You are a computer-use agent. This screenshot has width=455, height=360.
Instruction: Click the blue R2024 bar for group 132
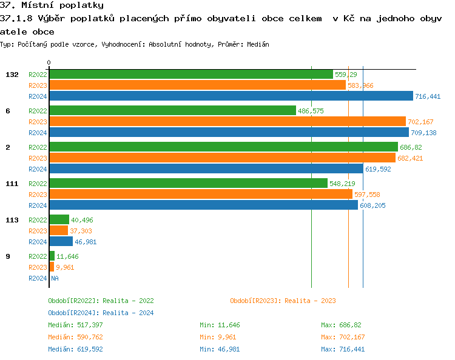[231, 96]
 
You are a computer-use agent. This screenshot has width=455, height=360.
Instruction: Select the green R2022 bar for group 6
[172, 111]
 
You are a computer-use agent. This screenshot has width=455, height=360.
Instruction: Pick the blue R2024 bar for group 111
[203, 205]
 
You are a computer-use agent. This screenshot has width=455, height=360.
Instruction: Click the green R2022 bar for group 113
[59, 220]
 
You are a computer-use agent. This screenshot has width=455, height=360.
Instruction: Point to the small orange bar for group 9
[52, 267]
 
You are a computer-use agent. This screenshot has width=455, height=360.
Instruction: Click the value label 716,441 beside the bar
[428, 96]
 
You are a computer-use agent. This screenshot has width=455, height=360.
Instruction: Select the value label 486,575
[311, 111]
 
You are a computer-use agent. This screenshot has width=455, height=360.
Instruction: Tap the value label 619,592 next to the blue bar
[378, 169]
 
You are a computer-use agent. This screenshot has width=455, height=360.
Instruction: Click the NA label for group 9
[54, 278]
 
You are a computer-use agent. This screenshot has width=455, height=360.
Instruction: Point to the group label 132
[12, 75]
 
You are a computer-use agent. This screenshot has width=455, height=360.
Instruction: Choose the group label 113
[12, 220]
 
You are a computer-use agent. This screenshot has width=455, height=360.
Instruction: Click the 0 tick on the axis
[49, 62]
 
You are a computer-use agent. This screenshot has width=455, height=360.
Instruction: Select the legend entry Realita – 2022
[101, 301]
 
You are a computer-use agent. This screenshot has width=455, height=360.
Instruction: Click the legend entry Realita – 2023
[283, 301]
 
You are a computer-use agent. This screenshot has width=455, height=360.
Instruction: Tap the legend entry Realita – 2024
[101, 313]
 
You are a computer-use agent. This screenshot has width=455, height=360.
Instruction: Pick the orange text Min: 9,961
[218, 337]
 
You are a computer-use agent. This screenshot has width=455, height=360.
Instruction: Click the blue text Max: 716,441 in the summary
[343, 349]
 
